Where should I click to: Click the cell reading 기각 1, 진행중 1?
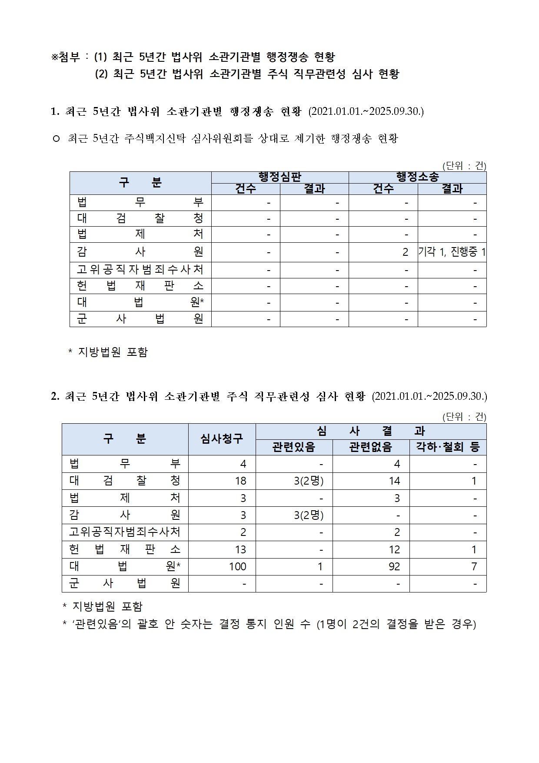tap(452, 252)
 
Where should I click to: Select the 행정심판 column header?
tap(280, 177)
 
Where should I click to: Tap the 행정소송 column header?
tap(417, 177)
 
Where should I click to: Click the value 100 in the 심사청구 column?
tap(238, 566)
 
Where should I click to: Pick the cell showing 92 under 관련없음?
tap(394, 566)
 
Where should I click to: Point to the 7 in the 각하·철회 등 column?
tap(474, 566)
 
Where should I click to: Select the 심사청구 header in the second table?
tap(222, 439)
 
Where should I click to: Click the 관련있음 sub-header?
tap(294, 447)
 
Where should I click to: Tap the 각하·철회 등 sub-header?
tap(448, 447)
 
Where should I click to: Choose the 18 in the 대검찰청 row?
tap(240, 481)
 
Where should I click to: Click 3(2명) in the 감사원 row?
tap(309, 515)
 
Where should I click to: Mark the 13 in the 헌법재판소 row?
tap(240, 549)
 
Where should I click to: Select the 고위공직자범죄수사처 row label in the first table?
tap(140, 270)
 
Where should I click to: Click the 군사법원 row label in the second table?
tap(125, 583)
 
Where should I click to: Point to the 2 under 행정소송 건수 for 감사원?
tap(405, 252)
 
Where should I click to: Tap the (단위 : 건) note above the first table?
tap(464, 166)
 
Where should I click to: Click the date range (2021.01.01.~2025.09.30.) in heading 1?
tap(366, 111)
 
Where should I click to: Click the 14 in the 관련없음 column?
tap(394, 481)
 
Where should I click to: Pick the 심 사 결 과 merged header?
tap(371, 431)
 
